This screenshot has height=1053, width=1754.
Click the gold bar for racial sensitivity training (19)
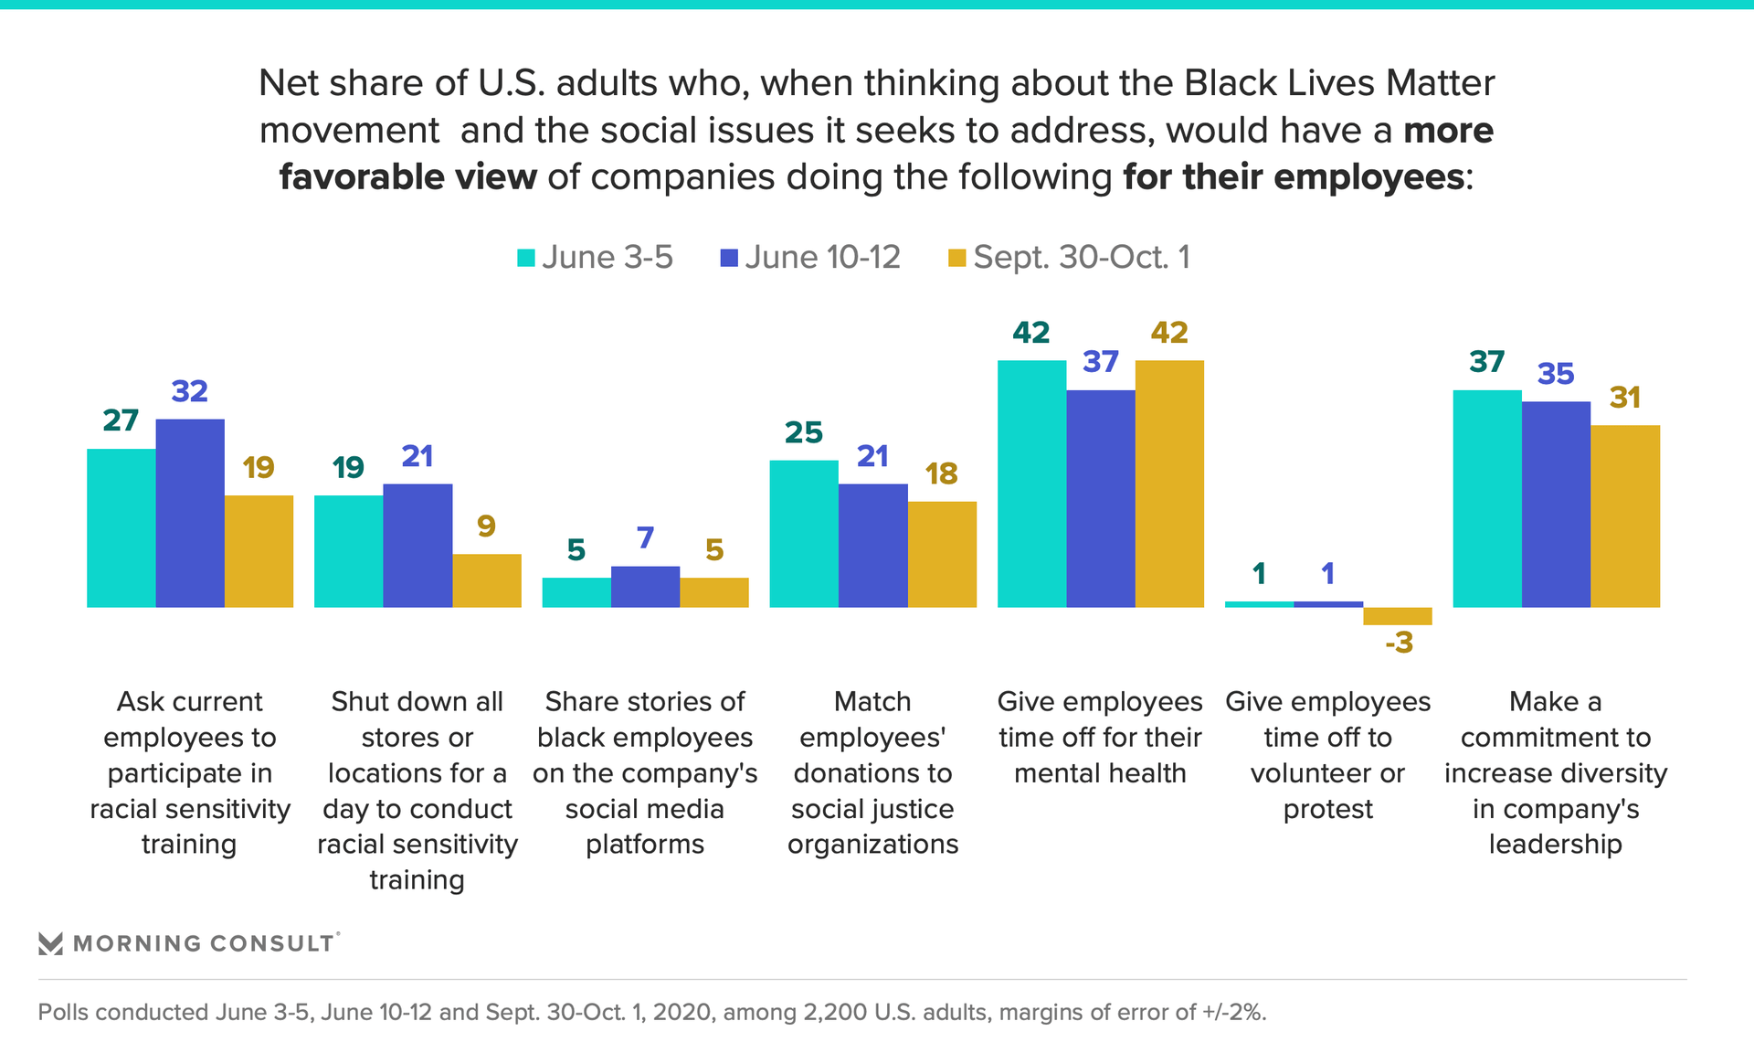(259, 551)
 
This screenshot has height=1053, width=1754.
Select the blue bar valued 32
(190, 513)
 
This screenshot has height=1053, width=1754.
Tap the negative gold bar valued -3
(1397, 616)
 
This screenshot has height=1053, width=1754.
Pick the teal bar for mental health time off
(1031, 484)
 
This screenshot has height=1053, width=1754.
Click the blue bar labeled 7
(645, 587)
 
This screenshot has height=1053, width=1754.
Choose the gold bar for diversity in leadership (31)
(1624, 516)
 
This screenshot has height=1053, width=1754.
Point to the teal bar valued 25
(804, 534)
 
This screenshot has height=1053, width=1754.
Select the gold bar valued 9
(486, 580)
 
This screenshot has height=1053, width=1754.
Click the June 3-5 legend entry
(595, 258)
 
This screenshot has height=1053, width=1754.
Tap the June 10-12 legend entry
(810, 258)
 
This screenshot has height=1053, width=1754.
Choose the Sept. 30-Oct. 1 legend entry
(1069, 258)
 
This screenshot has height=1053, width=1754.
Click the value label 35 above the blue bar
(1556, 374)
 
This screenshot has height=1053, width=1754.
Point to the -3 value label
(1399, 643)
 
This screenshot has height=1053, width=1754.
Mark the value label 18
(941, 473)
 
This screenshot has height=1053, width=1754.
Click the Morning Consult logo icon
(50, 943)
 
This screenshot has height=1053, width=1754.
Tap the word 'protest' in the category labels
(1327, 810)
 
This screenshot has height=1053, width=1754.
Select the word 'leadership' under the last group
(1555, 845)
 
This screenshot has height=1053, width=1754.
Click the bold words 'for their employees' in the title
(1294, 177)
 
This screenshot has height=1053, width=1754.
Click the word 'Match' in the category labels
(872, 702)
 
